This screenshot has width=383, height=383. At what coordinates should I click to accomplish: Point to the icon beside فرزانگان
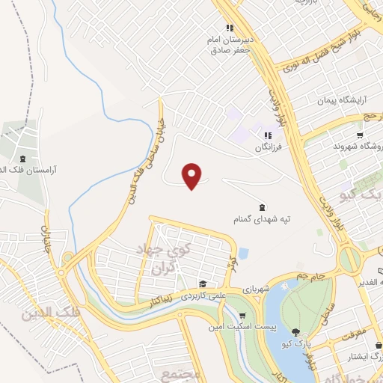(267, 135)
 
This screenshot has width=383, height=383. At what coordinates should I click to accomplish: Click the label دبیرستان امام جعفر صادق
(230, 45)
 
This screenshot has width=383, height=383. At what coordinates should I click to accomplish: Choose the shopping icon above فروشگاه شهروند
(361, 135)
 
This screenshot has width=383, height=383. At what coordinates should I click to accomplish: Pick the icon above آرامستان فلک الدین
(22, 159)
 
